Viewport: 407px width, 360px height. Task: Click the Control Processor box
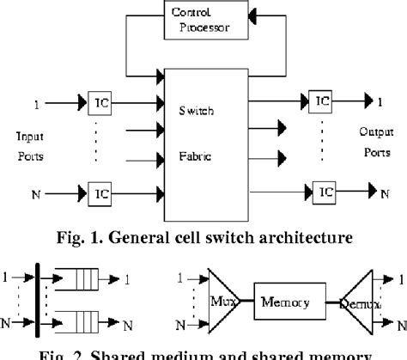click(x=202, y=20)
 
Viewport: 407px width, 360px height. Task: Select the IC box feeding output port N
click(x=323, y=189)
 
